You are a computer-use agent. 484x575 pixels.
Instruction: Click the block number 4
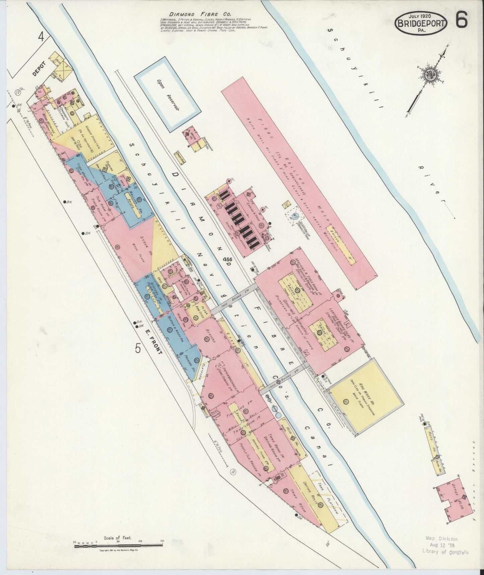tap(41, 36)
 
